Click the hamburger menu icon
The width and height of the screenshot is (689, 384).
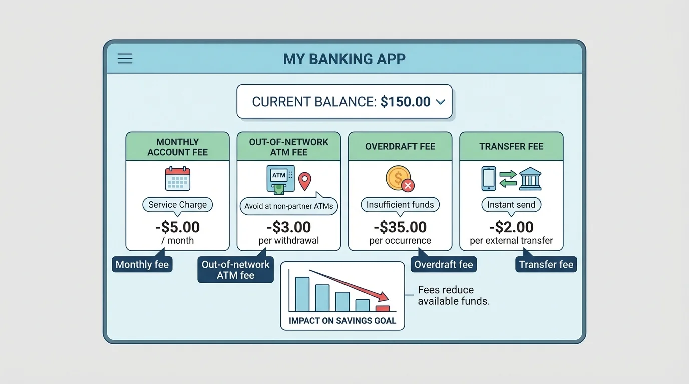125,59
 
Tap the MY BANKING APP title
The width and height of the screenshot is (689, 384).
344,59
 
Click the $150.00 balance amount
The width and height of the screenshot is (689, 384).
405,102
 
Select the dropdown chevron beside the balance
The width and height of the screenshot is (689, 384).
441,102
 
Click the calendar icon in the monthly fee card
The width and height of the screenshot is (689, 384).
177,178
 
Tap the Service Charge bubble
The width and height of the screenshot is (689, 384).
177,205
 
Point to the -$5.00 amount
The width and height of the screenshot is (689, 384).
177,227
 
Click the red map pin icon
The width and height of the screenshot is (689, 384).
305,181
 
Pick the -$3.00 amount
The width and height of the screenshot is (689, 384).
289,227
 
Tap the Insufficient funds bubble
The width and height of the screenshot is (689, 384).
400,205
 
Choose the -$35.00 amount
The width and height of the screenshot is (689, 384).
400,227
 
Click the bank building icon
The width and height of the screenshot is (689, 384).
530,179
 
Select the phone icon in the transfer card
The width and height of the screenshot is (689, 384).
488,179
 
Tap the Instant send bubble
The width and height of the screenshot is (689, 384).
511,205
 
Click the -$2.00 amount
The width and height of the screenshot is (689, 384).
511,227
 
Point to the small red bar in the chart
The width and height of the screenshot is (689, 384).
383,309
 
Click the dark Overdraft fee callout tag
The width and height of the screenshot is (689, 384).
444,264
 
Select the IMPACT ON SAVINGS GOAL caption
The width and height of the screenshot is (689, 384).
342,321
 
